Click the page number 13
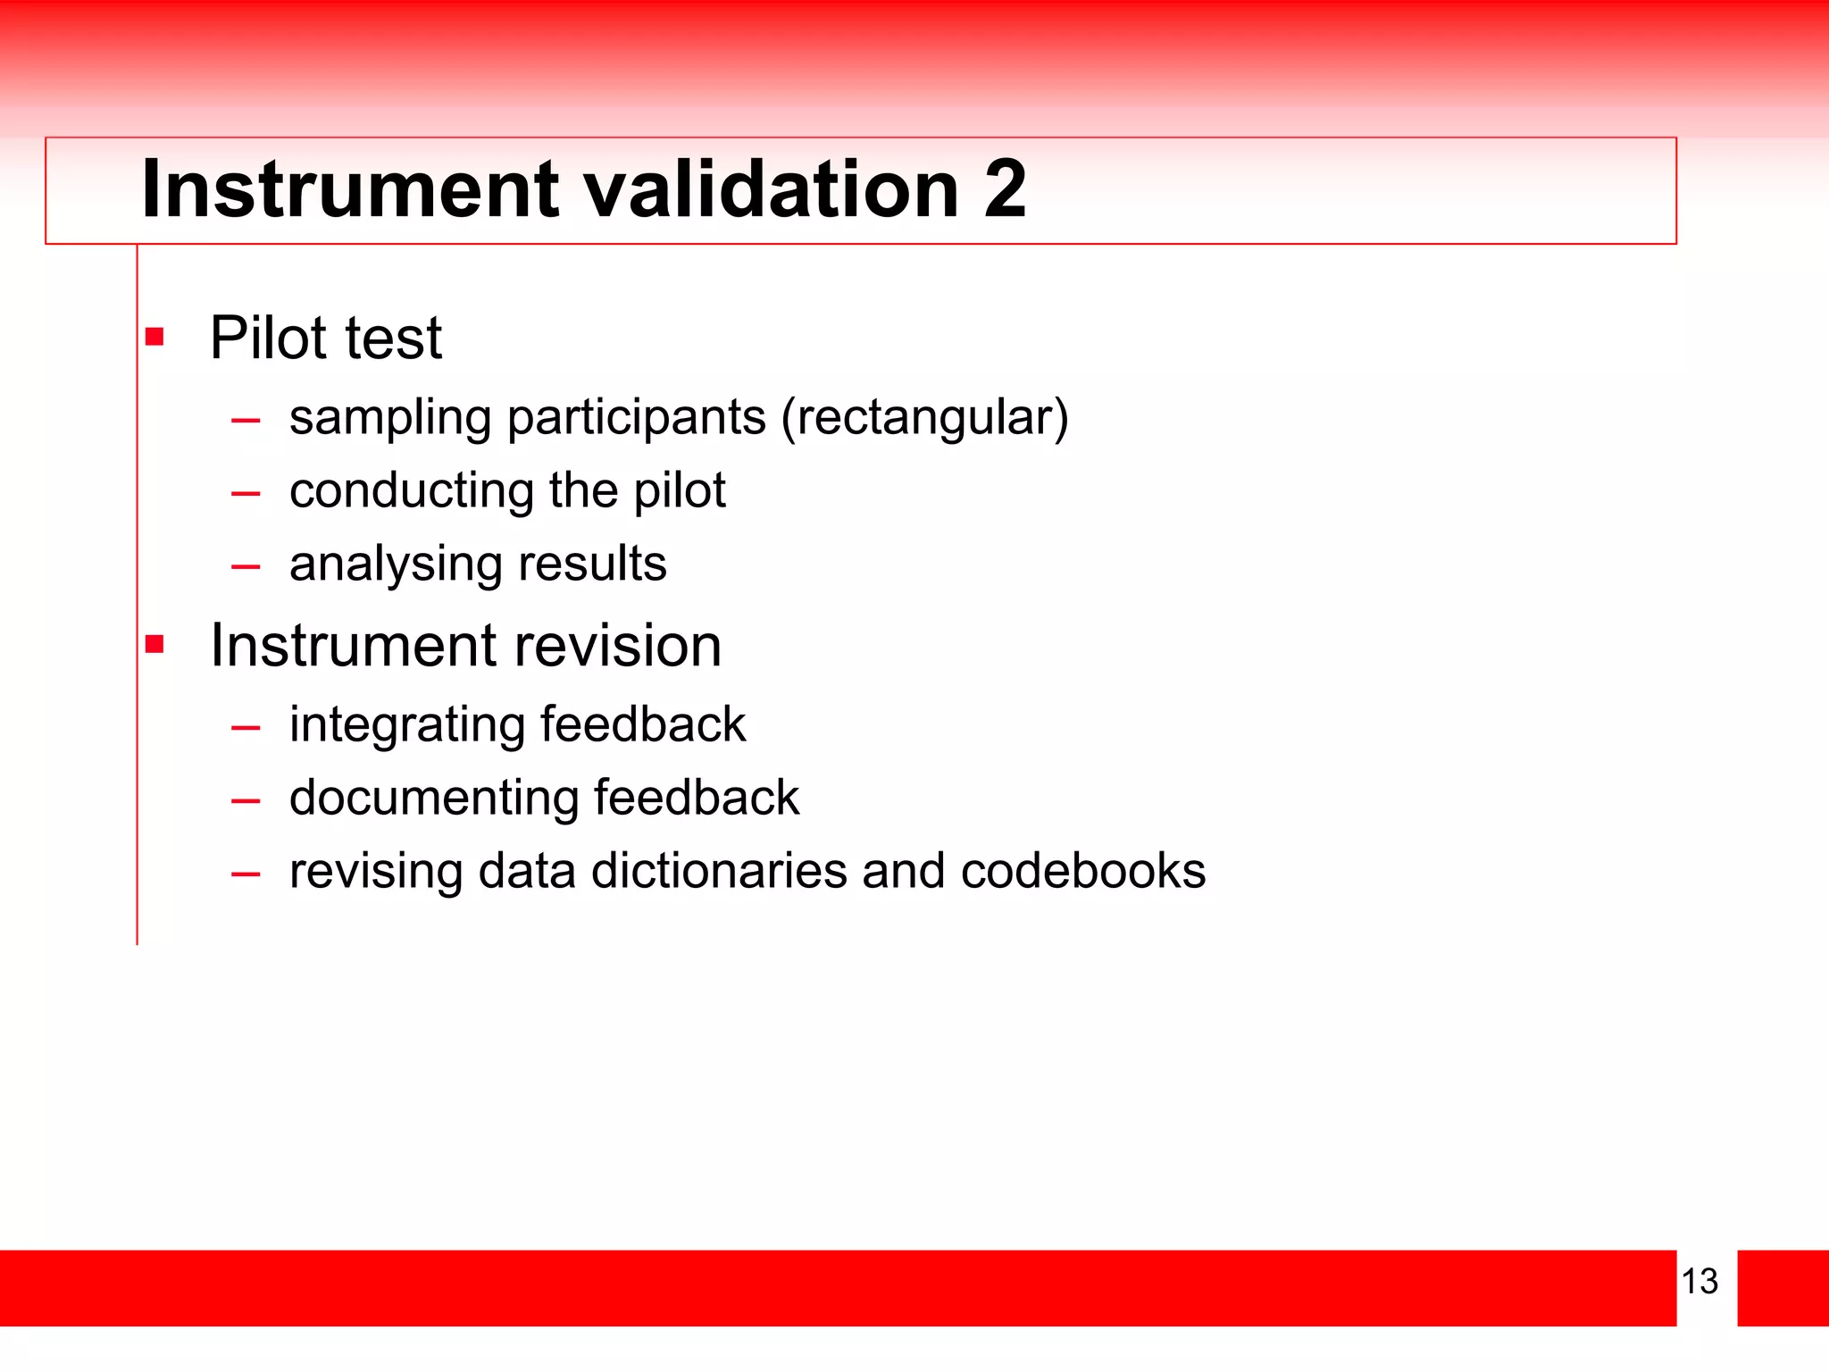1700,1281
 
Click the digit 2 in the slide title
1005,188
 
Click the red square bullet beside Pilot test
155,337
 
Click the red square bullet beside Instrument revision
155,644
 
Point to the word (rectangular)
924,418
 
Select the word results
592,564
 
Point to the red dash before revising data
246,874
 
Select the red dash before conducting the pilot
246,493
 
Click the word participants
636,418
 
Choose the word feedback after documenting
697,798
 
